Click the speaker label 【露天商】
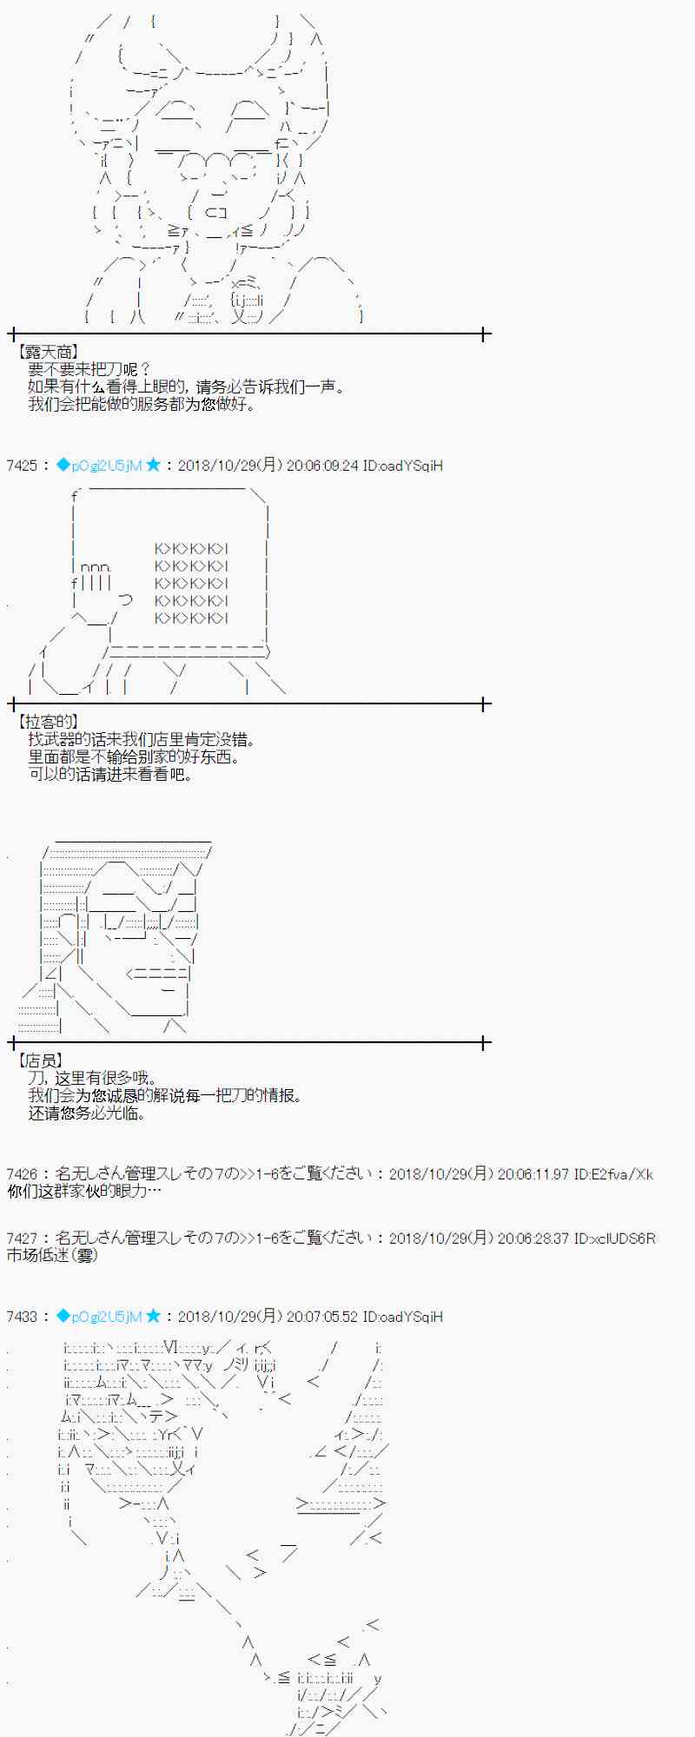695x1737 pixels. (48, 352)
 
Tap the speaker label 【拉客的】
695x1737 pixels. (48, 722)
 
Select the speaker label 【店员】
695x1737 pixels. (41, 1060)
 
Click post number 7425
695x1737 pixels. (22, 466)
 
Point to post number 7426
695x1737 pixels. (22, 1174)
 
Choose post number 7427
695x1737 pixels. (22, 1238)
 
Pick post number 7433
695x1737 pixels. (22, 1317)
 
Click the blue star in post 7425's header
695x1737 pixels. (154, 466)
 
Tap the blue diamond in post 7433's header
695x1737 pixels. (63, 1317)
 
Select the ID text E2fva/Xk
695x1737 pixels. (620, 1174)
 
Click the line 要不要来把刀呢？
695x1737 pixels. (90, 370)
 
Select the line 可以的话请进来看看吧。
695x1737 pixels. (110, 774)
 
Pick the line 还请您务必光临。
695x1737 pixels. (87, 1113)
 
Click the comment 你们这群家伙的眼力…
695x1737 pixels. (83, 1192)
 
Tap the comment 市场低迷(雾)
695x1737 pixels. (52, 1256)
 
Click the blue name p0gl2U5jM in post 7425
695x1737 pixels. (106, 466)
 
